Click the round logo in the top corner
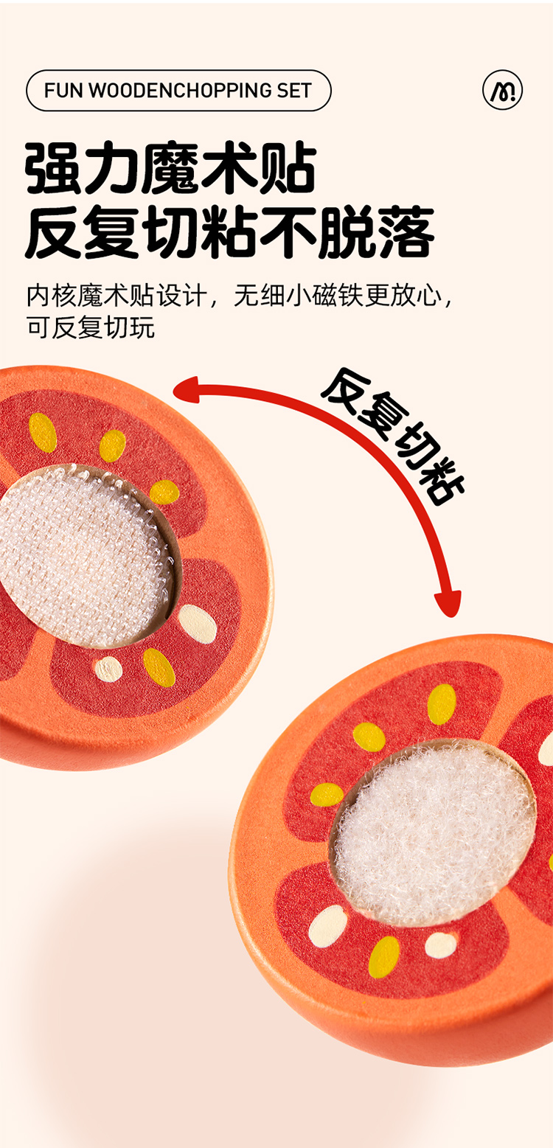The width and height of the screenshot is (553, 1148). [x=502, y=91]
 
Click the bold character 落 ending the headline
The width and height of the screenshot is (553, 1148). [x=405, y=233]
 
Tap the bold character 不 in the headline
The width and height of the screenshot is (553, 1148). [x=288, y=233]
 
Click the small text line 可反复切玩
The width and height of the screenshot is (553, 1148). [x=90, y=327]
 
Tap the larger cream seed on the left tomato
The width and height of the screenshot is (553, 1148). [x=198, y=624]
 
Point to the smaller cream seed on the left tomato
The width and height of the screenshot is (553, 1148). [x=108, y=669]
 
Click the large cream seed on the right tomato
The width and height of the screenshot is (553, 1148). [x=327, y=925]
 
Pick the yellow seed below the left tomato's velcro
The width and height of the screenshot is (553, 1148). [x=159, y=667]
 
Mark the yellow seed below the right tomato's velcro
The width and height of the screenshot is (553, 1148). [x=383, y=956]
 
